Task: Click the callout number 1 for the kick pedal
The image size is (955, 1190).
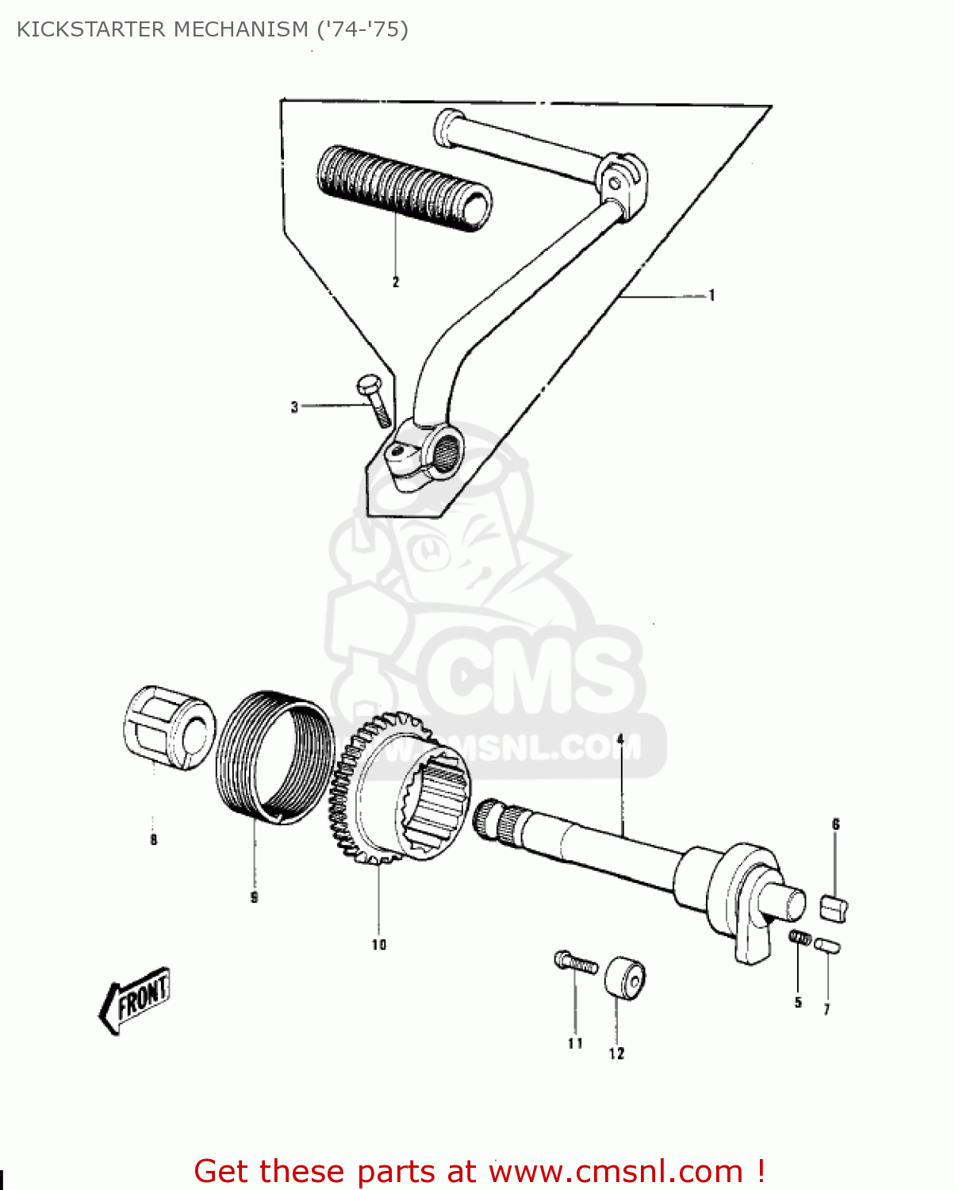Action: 711,296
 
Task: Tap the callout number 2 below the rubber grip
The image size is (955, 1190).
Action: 396,282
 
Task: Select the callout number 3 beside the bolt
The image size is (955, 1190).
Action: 294,407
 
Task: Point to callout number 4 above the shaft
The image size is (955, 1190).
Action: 620,739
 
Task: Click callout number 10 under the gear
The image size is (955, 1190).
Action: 378,944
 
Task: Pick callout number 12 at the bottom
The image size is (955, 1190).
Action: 616,1054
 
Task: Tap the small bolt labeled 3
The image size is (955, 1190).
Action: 374,401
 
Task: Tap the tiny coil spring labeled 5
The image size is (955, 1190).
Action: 800,939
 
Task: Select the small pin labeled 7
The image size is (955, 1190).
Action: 827,945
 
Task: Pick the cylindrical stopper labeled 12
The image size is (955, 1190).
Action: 626,978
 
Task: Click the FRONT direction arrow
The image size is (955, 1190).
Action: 134,1000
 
